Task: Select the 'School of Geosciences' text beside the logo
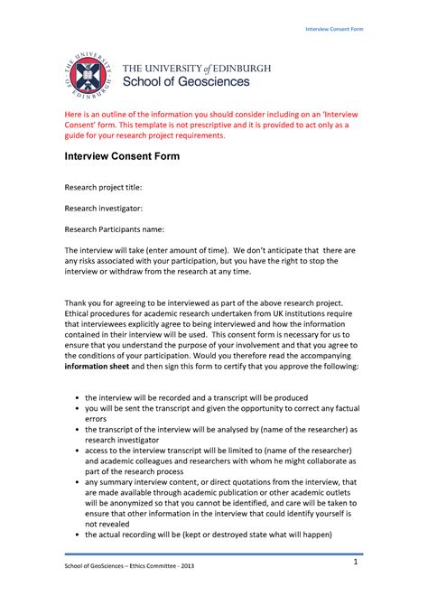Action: coord(186,81)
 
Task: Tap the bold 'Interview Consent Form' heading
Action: coord(121,156)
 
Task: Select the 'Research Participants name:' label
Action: coord(114,229)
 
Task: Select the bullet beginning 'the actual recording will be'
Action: coord(209,535)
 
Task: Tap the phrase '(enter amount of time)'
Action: coord(186,250)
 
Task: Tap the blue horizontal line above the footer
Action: coord(213,554)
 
